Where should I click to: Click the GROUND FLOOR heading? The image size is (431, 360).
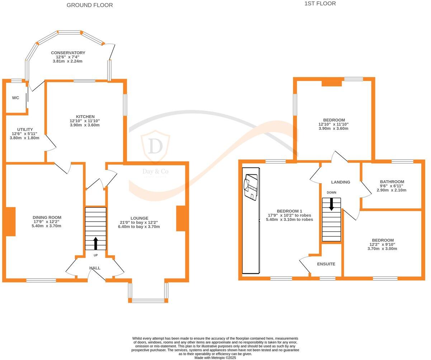click(x=90, y=5)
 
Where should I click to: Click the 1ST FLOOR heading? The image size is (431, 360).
click(x=320, y=4)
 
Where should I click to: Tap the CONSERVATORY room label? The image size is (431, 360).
click(x=68, y=53)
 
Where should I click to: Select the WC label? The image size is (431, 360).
click(x=15, y=98)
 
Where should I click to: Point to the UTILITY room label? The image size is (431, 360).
click(x=25, y=129)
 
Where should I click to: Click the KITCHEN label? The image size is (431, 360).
click(x=85, y=117)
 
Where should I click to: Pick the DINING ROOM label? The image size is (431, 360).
click(x=47, y=217)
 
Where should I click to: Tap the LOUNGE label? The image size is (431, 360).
click(x=139, y=218)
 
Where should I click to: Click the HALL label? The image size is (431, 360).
click(x=95, y=268)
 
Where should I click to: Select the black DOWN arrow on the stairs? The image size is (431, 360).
click(x=331, y=204)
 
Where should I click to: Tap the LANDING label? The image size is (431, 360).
click(x=340, y=182)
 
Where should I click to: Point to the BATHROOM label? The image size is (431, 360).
click(x=392, y=182)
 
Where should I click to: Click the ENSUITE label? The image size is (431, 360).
click(x=326, y=264)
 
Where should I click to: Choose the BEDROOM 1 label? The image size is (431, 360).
click(x=289, y=211)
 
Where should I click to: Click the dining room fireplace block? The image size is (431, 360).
click(x=10, y=221)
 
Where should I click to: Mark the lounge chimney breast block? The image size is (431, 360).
click(x=180, y=218)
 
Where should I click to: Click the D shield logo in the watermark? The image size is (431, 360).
click(x=155, y=147)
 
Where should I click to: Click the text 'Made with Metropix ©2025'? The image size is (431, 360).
click(x=215, y=357)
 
